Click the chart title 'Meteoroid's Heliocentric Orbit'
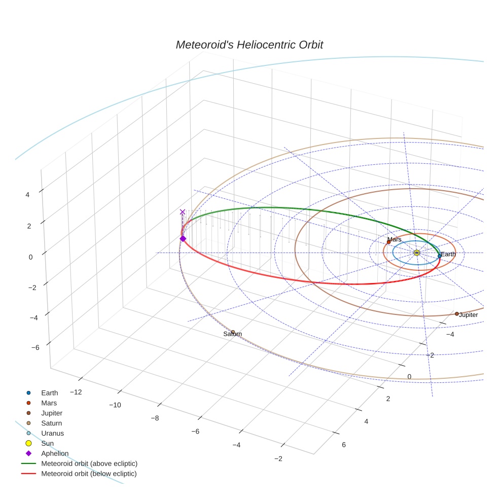click(249, 45)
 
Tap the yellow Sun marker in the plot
click(417, 253)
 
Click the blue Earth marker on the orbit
click(440, 256)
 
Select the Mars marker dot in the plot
click(389, 242)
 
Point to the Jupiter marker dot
click(457, 314)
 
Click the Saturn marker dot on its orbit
click(233, 332)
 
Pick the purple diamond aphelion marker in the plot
click(183, 238)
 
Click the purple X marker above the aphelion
click(183, 212)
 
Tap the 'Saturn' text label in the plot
click(233, 335)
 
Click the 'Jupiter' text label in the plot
click(469, 315)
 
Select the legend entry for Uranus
click(52, 433)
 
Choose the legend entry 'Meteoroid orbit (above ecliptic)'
click(89, 464)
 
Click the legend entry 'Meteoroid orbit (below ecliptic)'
click(89, 474)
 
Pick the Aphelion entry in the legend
click(55, 453)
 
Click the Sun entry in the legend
click(47, 443)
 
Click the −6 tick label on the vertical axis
click(35, 347)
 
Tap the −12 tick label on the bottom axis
click(76, 392)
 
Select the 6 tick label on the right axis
click(344, 445)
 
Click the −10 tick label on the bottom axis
click(116, 405)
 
